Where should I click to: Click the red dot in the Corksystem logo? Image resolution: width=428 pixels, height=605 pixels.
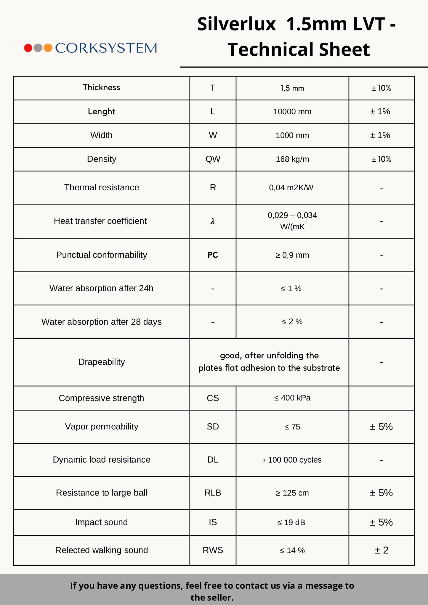click(x=28, y=48)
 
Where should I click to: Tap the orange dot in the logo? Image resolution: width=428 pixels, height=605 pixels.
click(x=48, y=48)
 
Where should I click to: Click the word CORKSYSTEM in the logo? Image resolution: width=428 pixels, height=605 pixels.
click(x=106, y=48)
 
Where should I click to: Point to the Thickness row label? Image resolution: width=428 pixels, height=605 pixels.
click(x=101, y=88)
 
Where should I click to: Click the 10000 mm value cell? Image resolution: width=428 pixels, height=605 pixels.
click(x=292, y=112)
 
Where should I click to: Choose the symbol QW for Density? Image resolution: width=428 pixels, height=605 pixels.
click(x=213, y=159)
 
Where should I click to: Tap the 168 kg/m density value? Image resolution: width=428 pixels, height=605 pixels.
click(x=292, y=159)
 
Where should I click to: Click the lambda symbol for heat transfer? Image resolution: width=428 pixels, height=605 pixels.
click(x=213, y=221)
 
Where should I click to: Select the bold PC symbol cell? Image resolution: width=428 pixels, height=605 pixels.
click(x=213, y=255)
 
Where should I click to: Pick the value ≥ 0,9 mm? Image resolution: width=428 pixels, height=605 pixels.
click(x=292, y=255)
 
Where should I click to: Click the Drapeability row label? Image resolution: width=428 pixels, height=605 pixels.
click(x=101, y=362)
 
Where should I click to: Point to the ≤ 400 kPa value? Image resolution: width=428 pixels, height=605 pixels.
click(x=292, y=398)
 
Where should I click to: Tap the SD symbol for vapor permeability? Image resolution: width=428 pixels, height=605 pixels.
click(x=213, y=427)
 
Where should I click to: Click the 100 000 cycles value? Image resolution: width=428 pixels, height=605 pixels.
click(x=294, y=460)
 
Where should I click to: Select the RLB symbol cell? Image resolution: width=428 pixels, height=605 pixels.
click(x=213, y=493)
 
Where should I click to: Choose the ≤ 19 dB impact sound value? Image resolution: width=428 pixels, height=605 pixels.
click(x=291, y=522)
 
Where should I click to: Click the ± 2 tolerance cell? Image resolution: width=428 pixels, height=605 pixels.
click(x=381, y=550)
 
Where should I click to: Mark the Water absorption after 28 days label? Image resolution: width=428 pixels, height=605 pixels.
click(x=101, y=322)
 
